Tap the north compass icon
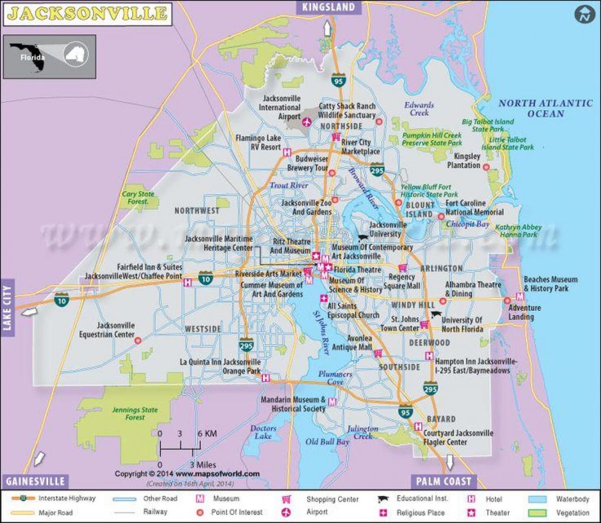[584, 15]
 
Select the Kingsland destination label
[328, 7]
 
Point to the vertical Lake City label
[7, 307]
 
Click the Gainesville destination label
[35, 481]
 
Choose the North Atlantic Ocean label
[545, 109]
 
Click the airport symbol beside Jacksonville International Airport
[307, 121]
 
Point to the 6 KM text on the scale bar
[207, 433]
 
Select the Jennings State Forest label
[135, 413]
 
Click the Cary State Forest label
[138, 198]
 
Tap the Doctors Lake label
[263, 432]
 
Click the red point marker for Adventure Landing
[507, 300]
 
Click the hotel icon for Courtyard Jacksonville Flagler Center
[418, 426]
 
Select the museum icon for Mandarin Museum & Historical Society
[332, 402]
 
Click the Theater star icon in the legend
[471, 512]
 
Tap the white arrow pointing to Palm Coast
[450, 462]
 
